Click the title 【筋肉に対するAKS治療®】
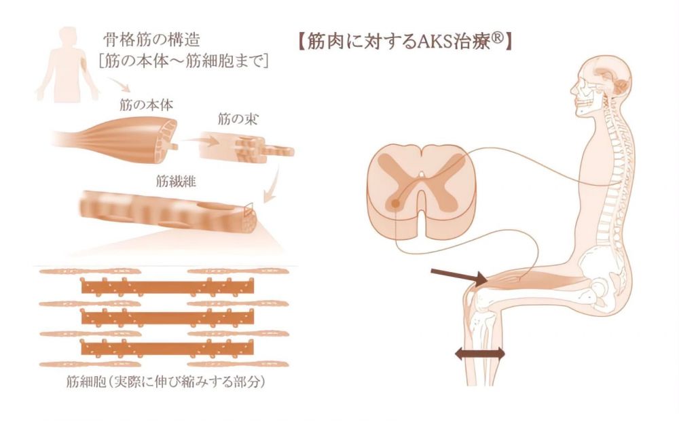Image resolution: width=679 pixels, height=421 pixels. click(x=405, y=42)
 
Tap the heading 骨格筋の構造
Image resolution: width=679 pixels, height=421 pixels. click(x=151, y=40)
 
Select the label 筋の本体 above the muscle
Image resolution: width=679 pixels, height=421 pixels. click(x=146, y=105)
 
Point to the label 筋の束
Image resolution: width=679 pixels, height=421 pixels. click(x=237, y=119)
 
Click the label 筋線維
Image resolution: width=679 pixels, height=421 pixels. click(x=176, y=181)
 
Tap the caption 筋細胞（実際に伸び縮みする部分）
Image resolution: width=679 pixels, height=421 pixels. click(x=166, y=382)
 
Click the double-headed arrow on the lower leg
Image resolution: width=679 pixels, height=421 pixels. click(x=480, y=354)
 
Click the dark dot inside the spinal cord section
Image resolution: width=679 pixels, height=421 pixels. click(x=395, y=203)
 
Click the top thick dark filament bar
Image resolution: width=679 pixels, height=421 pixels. click(x=167, y=286)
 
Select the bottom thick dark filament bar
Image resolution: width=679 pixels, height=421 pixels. click(x=167, y=348)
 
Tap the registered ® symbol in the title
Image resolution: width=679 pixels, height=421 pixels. click(x=498, y=39)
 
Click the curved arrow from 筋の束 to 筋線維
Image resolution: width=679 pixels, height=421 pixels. click(x=273, y=184)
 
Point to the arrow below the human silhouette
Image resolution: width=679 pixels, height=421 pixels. click(x=119, y=85)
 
